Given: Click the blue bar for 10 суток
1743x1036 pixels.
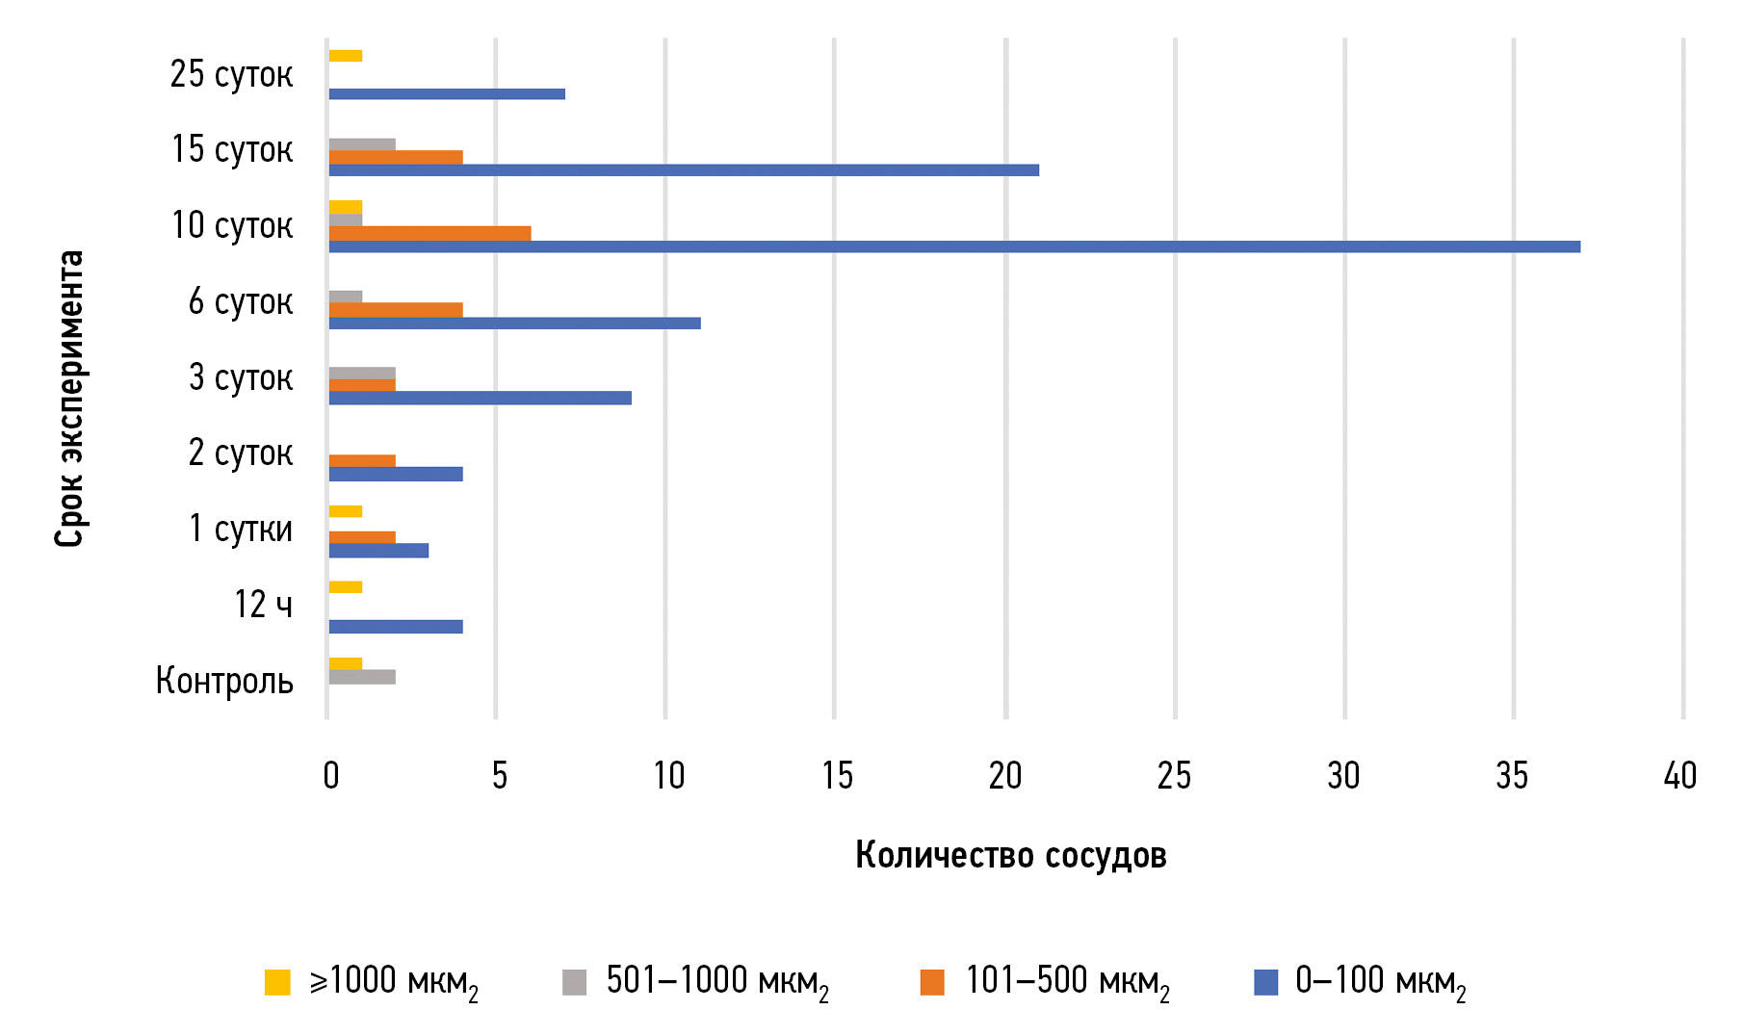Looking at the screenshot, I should [953, 246].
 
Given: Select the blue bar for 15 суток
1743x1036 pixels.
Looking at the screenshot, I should [684, 170].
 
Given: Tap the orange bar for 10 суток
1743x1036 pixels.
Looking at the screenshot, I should [429, 233].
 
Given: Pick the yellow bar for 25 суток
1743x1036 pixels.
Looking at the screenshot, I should [346, 56].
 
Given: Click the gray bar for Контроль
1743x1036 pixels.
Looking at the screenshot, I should [362, 677].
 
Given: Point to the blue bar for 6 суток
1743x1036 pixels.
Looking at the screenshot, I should [514, 323].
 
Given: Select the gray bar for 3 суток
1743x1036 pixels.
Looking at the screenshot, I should [362, 373].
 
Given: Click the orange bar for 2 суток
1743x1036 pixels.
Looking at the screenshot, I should [362, 460].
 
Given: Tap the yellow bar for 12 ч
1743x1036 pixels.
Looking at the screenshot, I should [346, 587].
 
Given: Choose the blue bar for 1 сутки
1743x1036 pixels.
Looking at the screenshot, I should [378, 551].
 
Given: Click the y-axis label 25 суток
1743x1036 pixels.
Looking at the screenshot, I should [231, 74].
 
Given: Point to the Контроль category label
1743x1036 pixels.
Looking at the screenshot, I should [224, 681].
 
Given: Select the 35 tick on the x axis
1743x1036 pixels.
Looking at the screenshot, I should [1512, 776].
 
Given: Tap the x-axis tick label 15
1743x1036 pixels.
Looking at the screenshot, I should [837, 776].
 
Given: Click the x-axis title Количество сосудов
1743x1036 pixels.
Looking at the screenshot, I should [1010, 855].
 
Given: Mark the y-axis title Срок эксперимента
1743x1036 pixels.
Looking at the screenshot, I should [70, 399].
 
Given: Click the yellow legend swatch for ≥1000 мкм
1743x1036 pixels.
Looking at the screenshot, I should [277, 982].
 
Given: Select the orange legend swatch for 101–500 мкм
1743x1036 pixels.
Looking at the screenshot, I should [932, 982].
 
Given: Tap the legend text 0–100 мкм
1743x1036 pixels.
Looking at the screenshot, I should [1379, 982].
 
